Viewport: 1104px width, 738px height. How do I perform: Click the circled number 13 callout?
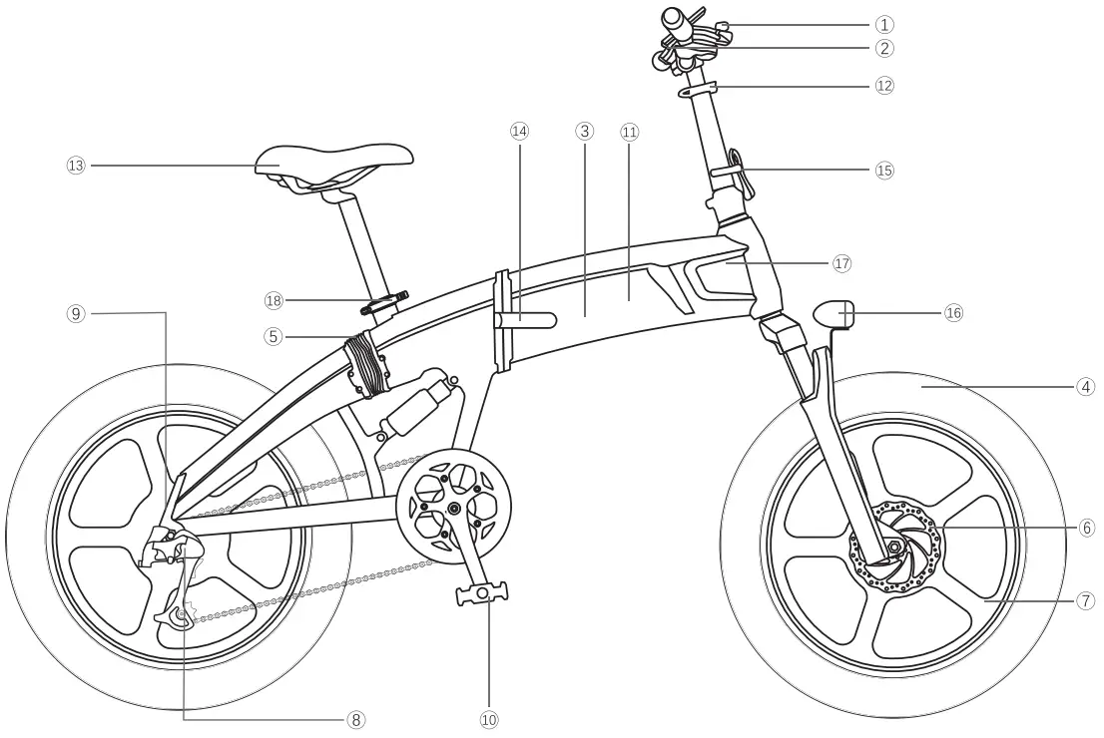click(x=76, y=166)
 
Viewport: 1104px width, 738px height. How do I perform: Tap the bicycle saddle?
click(x=333, y=160)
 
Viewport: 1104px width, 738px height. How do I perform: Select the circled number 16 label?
click(x=953, y=313)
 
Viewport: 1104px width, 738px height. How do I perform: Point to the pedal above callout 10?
click(x=482, y=595)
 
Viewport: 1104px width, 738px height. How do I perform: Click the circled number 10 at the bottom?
click(x=489, y=719)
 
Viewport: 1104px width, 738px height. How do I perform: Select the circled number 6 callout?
click(x=1087, y=528)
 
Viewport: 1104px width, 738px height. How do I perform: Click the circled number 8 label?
click(x=356, y=719)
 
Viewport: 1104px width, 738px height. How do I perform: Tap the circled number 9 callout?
click(x=76, y=313)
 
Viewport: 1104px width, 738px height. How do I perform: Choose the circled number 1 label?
click(x=884, y=24)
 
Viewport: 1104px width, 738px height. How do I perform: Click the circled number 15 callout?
click(x=884, y=170)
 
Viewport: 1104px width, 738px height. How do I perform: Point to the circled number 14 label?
click(x=518, y=131)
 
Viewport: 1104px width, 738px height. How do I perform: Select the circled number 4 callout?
click(x=1087, y=386)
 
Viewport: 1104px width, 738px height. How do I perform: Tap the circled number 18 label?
click(x=275, y=299)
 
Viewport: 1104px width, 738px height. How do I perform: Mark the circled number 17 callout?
click(x=841, y=263)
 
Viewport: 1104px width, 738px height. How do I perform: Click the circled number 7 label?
click(x=1087, y=600)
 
